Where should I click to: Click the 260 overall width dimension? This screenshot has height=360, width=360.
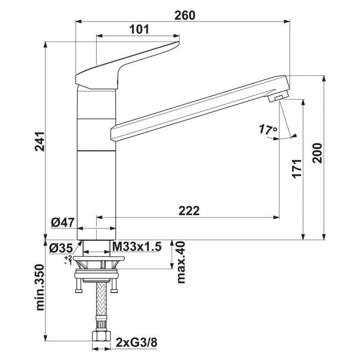click(x=184, y=16)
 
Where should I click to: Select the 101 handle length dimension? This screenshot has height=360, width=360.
click(x=139, y=29)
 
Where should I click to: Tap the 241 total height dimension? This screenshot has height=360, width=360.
click(x=40, y=141)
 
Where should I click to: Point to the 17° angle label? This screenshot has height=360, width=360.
click(x=268, y=130)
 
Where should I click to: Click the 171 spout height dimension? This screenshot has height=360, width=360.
click(x=297, y=168)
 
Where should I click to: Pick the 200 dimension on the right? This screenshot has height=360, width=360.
click(x=317, y=153)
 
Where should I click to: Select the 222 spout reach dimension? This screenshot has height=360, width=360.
click(x=189, y=211)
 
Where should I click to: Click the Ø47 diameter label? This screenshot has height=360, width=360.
click(x=63, y=222)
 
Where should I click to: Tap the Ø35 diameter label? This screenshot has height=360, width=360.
click(x=61, y=248)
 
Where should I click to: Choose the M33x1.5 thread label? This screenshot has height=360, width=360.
click(x=137, y=247)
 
